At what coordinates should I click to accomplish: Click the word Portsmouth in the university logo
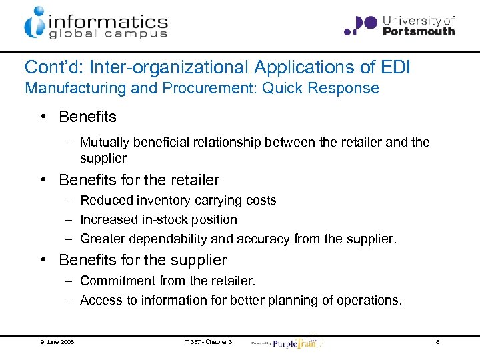click(x=419, y=31)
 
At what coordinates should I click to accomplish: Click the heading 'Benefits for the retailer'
click(x=139, y=180)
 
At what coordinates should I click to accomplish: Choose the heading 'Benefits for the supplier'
click(x=143, y=260)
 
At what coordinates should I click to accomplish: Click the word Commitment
click(x=113, y=281)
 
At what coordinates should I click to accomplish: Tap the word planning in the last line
click(x=291, y=300)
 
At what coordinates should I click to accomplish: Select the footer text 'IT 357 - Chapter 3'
click(x=207, y=342)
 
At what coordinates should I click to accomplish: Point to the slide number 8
click(x=437, y=342)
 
